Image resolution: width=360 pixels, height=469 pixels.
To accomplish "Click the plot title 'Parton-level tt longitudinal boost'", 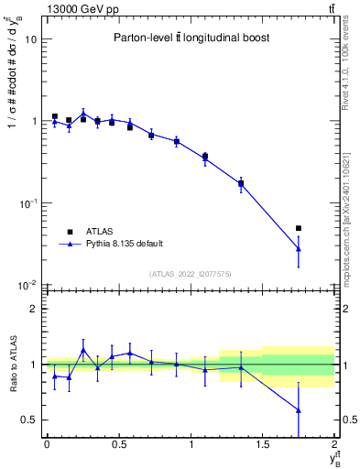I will (191, 38).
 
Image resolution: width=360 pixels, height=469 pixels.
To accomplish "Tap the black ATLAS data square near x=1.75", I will (299, 228).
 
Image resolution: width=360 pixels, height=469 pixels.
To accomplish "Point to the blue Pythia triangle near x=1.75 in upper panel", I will (299, 248).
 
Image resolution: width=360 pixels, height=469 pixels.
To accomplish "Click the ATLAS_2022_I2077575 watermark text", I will (191, 273).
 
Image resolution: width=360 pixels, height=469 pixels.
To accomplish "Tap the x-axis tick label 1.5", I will (263, 443).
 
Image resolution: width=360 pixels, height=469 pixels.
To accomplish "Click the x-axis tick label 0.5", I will (118, 443).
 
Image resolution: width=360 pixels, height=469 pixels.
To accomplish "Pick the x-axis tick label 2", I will (335, 443).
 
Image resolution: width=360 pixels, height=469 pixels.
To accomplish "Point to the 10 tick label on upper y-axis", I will (30, 39).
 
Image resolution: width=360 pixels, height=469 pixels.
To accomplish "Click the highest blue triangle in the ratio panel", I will (83, 350).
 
